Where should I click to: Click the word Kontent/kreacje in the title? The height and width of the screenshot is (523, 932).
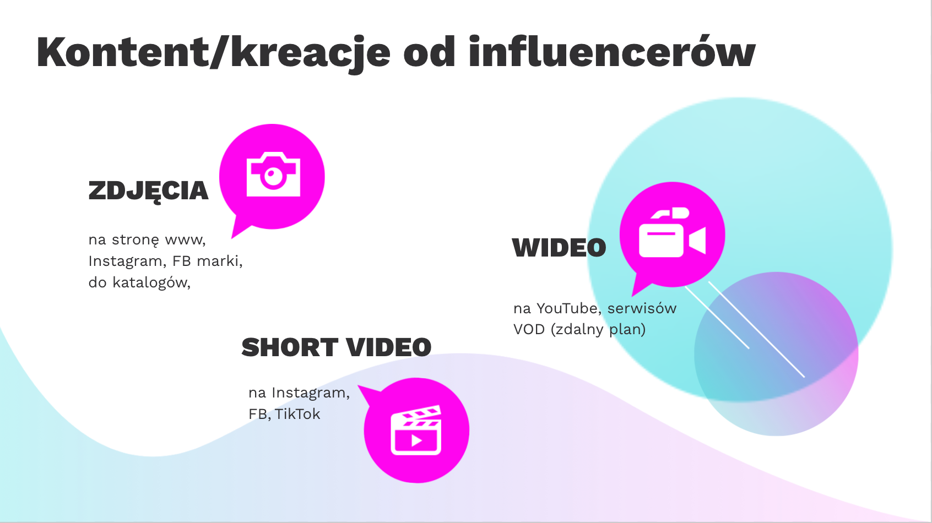tap(213, 53)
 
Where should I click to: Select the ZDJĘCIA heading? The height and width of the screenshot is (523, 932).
tap(148, 191)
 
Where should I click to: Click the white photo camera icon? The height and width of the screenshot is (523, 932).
tap(273, 174)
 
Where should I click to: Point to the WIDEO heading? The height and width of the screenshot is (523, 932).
tap(559, 248)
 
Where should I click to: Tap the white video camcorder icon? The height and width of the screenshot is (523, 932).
tap(673, 232)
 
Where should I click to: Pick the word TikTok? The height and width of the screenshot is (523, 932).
tap(297, 414)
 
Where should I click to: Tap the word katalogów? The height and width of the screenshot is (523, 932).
tap(151, 283)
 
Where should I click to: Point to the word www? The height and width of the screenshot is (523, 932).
tap(185, 240)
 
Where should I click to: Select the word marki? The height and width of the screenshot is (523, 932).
tap(220, 261)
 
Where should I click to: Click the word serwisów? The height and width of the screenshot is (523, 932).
tap(642, 308)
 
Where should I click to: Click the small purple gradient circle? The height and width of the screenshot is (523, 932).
tap(776, 354)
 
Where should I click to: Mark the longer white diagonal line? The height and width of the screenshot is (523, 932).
tap(757, 330)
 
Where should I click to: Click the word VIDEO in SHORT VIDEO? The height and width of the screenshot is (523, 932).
tap(389, 347)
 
